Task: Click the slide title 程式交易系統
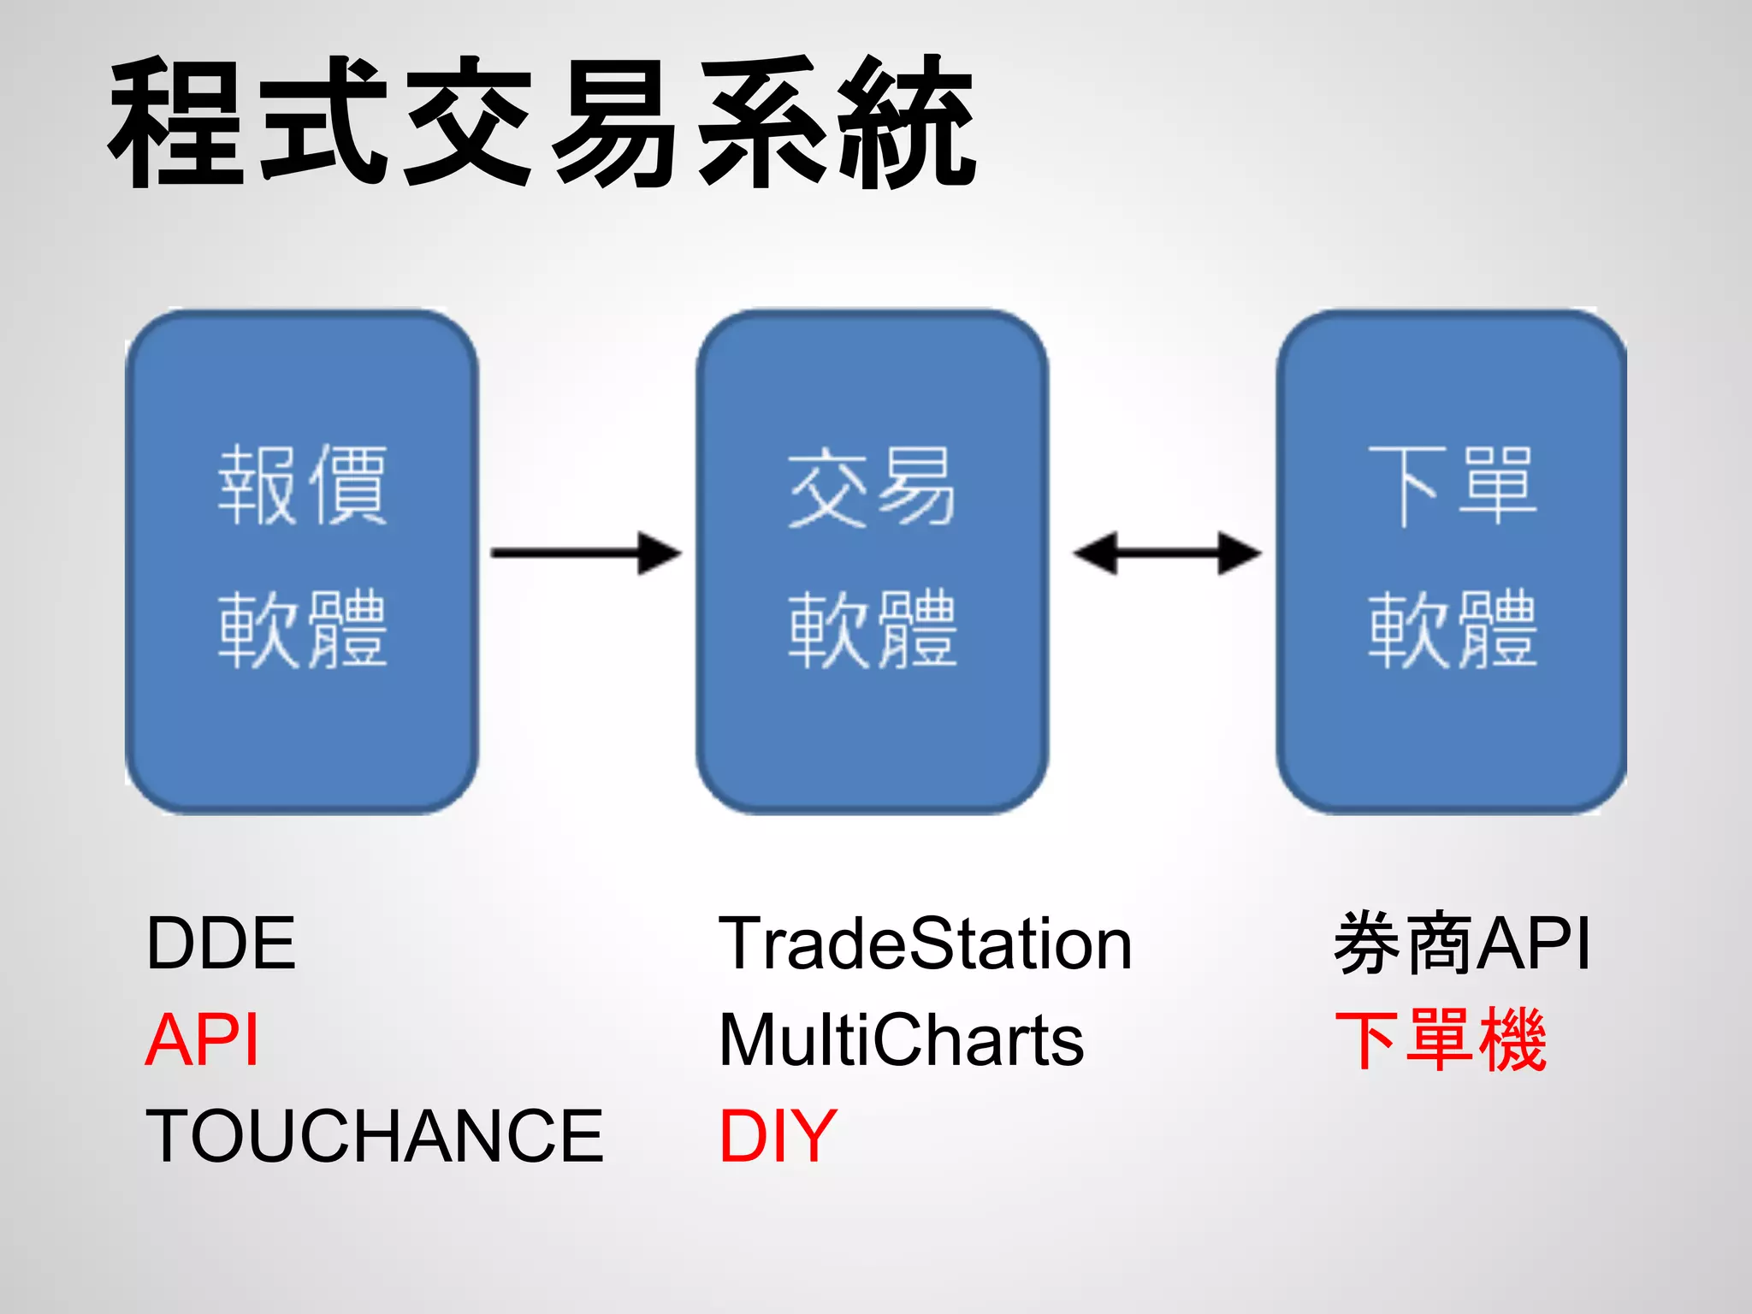pyautogui.click(x=542, y=122)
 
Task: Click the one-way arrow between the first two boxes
pyautogui.click(x=586, y=553)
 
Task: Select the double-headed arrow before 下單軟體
pyautogui.click(x=1167, y=553)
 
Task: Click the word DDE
pyautogui.click(x=221, y=944)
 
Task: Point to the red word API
pyautogui.click(x=202, y=1040)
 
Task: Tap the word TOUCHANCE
pyautogui.click(x=374, y=1136)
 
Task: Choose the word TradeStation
pyautogui.click(x=926, y=944)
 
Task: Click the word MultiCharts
pyautogui.click(x=902, y=1040)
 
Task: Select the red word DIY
pyautogui.click(x=778, y=1136)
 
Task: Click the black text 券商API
pyautogui.click(x=1462, y=944)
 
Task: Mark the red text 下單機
pyautogui.click(x=1441, y=1040)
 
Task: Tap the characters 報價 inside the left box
pyautogui.click(x=302, y=485)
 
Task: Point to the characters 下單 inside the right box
pyautogui.click(x=1452, y=485)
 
